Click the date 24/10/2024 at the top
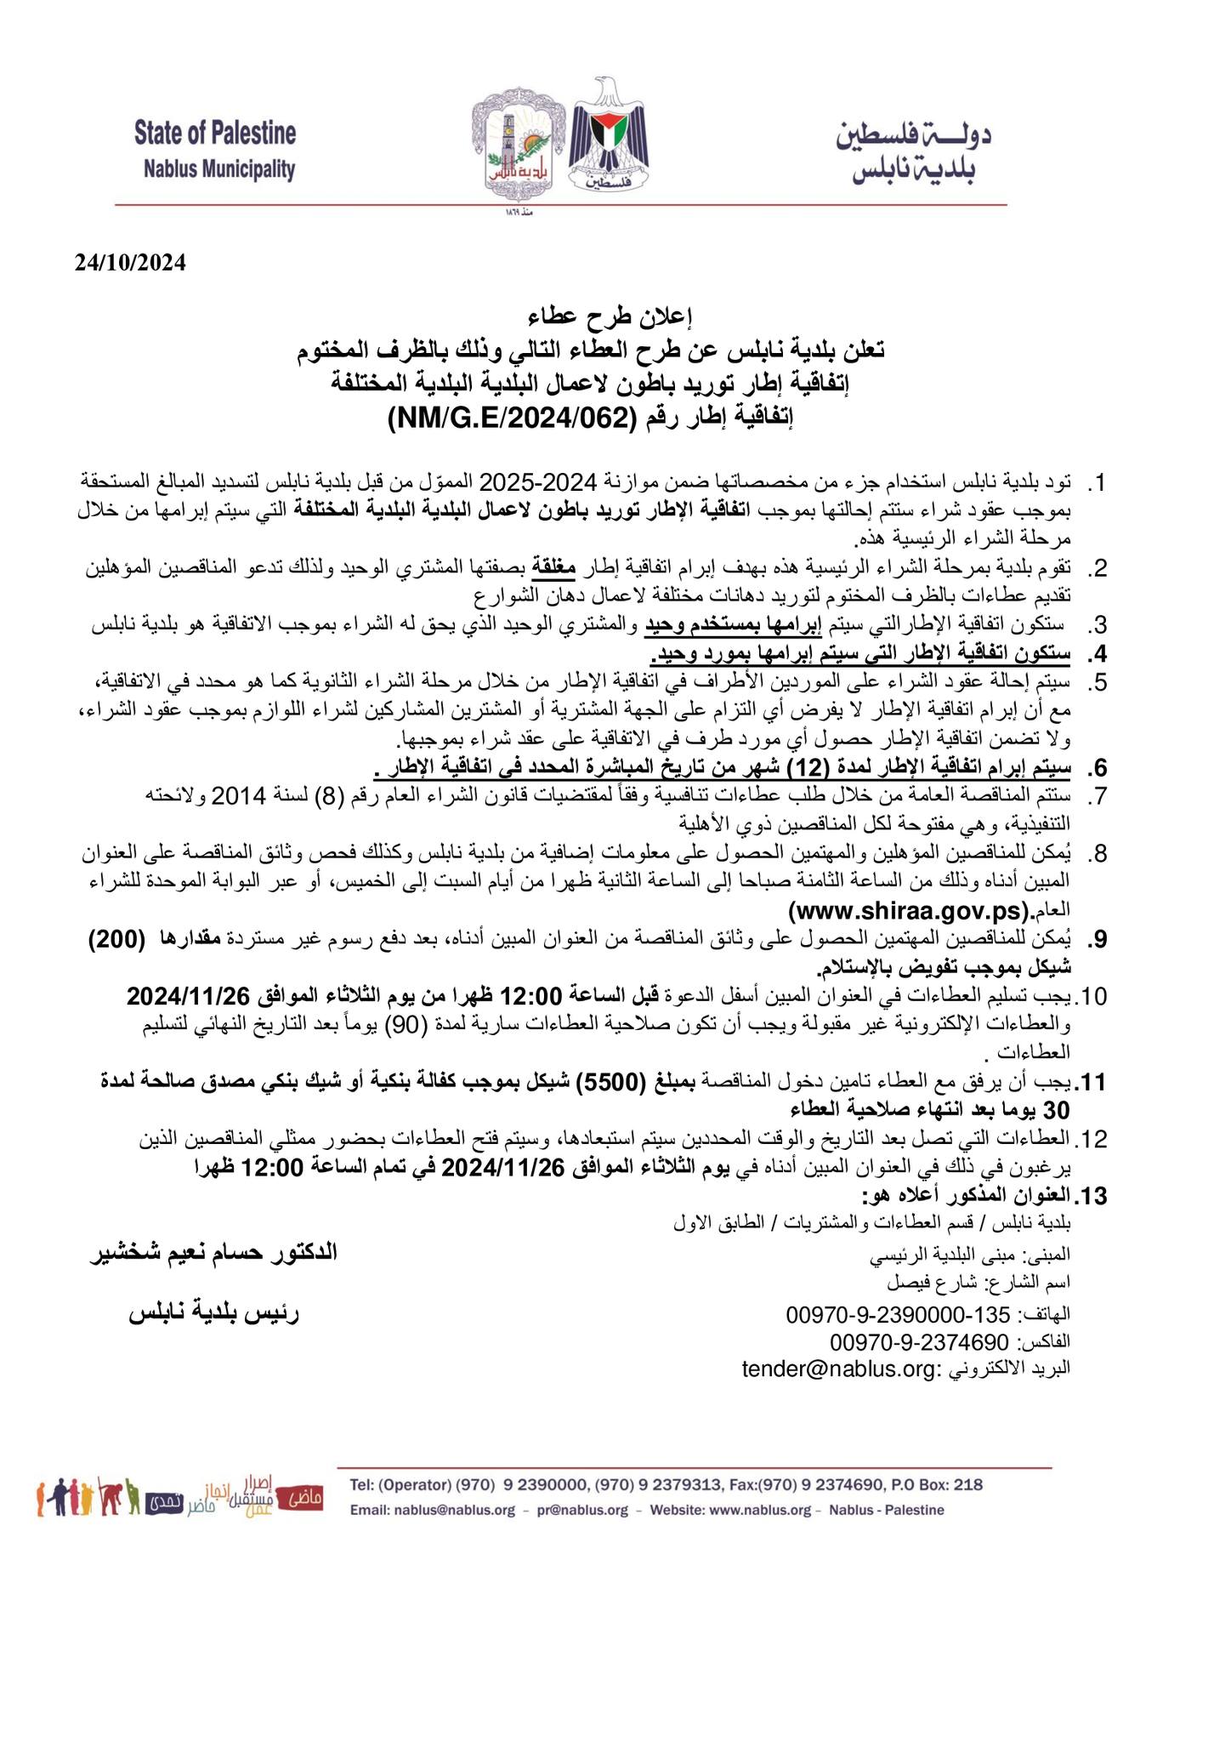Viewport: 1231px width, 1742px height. tap(129, 264)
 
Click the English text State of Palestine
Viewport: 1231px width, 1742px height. tap(215, 134)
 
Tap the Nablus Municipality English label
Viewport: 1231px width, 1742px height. tap(219, 169)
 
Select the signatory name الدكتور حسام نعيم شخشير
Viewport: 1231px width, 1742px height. tap(214, 1253)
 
